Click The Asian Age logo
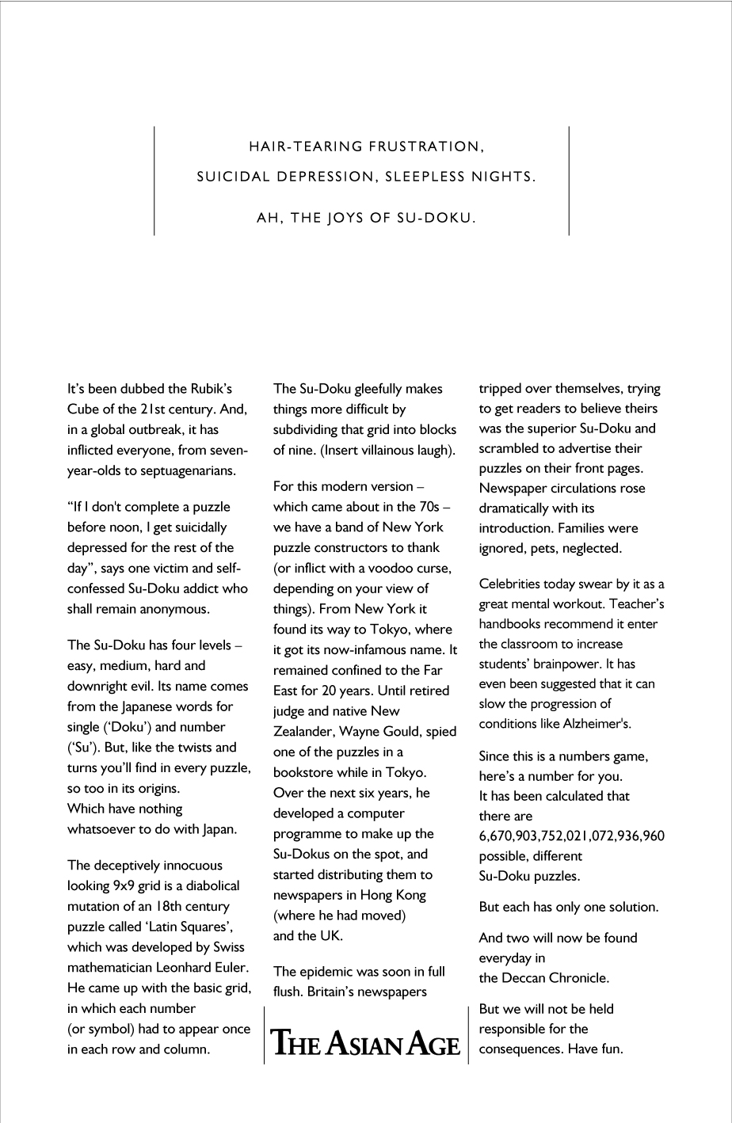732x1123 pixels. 366,1042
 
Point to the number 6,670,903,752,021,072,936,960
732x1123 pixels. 571,836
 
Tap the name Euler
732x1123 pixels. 228,968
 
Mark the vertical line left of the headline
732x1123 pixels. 154,181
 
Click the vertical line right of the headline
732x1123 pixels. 569,181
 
